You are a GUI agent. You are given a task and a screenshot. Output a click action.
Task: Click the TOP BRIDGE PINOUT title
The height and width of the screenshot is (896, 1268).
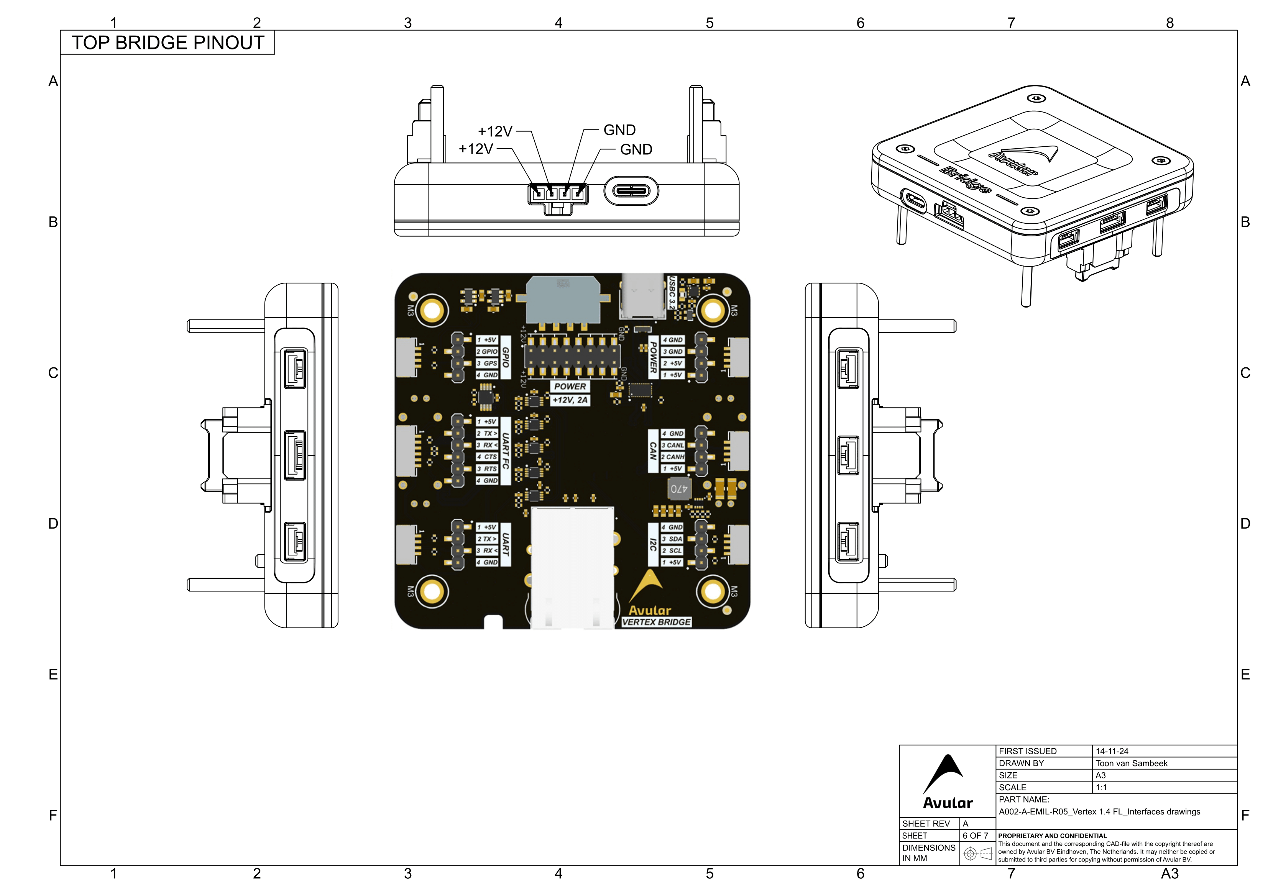click(x=168, y=43)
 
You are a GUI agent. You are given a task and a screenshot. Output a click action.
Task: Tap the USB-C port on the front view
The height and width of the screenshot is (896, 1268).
click(x=631, y=191)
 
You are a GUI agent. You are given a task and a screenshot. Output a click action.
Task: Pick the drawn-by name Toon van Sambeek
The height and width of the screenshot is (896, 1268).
click(x=1131, y=763)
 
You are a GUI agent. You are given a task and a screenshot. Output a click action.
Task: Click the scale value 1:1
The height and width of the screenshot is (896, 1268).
click(x=1101, y=788)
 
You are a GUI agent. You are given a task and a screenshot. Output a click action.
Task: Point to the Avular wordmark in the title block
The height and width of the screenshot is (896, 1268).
click(x=948, y=803)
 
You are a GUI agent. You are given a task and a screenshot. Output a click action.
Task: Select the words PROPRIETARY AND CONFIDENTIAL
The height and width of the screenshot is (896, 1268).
click(x=1052, y=836)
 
